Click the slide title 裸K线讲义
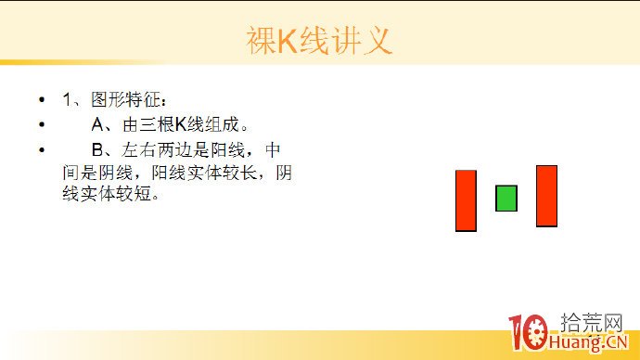pos(320,41)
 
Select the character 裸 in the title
pos(261,42)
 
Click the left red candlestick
pos(466,200)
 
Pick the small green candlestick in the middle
pos(506,198)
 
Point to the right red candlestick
pos(546,196)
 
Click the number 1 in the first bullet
pos(68,99)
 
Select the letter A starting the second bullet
pos(96,124)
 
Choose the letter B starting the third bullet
pos(96,148)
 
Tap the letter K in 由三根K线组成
pos(180,124)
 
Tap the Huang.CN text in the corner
pos(594,344)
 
